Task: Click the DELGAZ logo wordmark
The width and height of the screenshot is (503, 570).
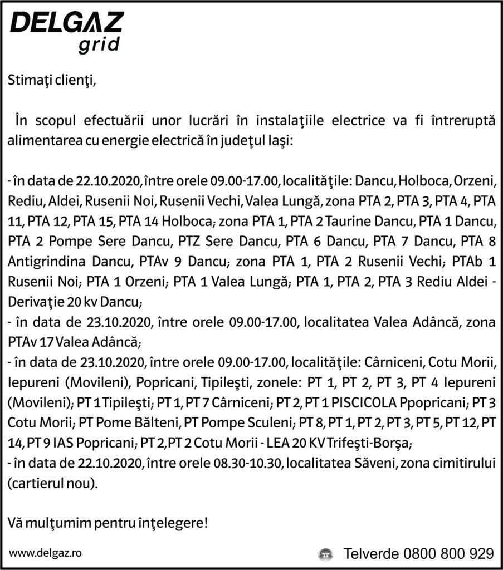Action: pos(67,25)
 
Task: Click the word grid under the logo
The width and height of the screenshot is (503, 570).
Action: pos(99,46)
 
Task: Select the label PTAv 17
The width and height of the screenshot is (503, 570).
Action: pos(31,340)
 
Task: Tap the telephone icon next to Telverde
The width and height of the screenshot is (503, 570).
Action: pos(325,554)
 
